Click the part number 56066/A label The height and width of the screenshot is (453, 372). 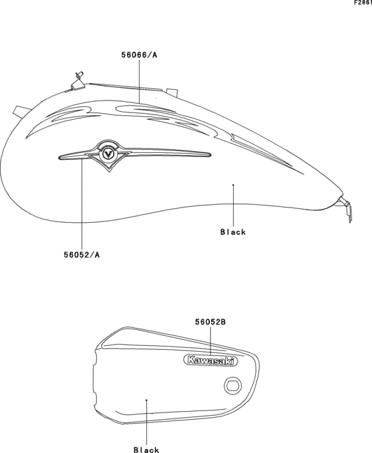coord(139,55)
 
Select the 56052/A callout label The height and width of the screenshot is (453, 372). coord(82,255)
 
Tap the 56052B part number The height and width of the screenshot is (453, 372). coord(210,322)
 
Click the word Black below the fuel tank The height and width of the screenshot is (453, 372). coord(233,231)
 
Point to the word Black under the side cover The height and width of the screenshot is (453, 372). coord(146,449)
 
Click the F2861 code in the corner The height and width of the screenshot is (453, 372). coord(363,3)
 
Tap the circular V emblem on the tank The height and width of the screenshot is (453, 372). coord(108,154)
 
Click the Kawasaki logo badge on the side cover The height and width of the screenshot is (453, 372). coord(211,361)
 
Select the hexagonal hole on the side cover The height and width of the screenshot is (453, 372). coord(232,385)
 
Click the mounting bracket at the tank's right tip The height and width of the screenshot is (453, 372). coord(345,208)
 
